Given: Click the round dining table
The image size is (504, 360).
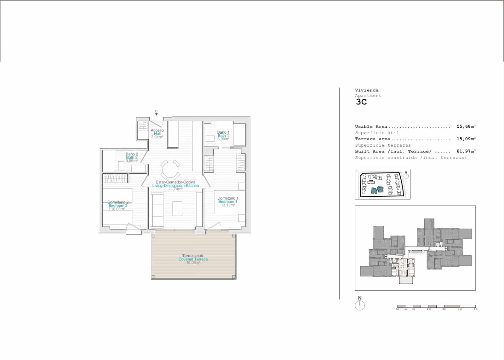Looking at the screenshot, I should pyautogui.click(x=170, y=170).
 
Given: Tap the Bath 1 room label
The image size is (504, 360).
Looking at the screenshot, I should pyautogui.click(x=223, y=136).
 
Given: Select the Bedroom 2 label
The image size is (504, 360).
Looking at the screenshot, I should pyautogui.click(x=118, y=206).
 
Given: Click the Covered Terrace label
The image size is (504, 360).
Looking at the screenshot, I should pyautogui.click(x=193, y=259).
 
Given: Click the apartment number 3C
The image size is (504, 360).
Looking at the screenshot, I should pyautogui.click(x=361, y=102).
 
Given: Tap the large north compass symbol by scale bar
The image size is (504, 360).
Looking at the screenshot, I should pyautogui.click(x=360, y=305).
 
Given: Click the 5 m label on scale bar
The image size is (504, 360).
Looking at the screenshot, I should pyautogui.click(x=476, y=309).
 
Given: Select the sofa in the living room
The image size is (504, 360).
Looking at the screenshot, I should pyautogui.click(x=157, y=211).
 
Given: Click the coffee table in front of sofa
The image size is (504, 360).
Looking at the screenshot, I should pyautogui.click(x=177, y=208).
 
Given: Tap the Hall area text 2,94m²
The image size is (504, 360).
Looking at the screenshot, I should pyautogui.click(x=157, y=137).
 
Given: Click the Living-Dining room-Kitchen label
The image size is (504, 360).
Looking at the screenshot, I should pyautogui.click(x=175, y=186).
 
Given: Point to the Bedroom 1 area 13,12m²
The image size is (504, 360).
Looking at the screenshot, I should pyautogui.click(x=228, y=205).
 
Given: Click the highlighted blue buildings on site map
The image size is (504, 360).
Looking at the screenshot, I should pyautogui.click(x=377, y=189).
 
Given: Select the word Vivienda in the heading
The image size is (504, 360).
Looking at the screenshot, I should pyautogui.click(x=367, y=90).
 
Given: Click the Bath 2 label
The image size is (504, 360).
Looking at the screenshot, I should pyautogui.click(x=132, y=157).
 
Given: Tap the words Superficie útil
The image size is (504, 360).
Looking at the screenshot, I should pyautogui.click(x=377, y=133).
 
